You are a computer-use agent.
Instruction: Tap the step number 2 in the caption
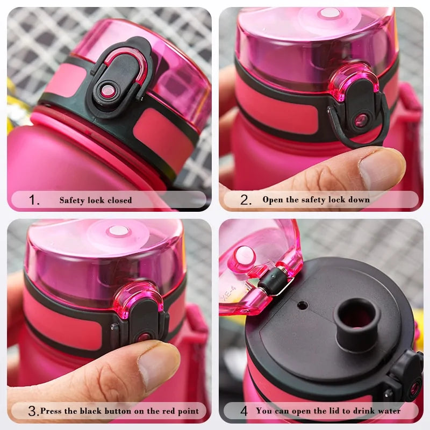[246, 200]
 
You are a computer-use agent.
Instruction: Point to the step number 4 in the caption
[243, 412]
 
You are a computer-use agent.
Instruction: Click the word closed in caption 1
[119, 200]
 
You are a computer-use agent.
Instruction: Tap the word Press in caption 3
[51, 411]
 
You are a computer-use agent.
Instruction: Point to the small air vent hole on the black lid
[303, 305]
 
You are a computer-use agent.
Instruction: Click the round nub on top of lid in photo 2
[329, 13]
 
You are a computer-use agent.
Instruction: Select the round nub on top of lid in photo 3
[118, 231]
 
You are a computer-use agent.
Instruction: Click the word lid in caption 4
[328, 411]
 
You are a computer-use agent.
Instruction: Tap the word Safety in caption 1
[71, 200]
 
